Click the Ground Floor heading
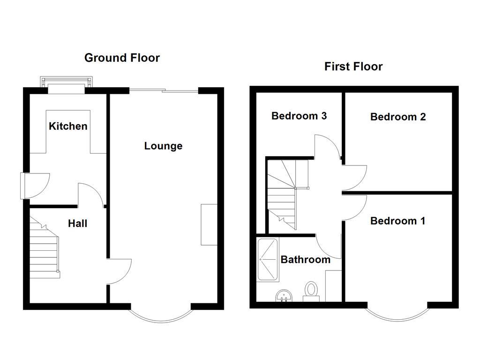122,58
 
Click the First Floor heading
353,67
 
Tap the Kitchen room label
68,126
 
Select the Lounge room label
163,146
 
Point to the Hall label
77,224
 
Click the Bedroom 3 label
299,116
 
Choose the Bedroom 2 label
398,117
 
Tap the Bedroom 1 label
397,221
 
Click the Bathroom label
305,259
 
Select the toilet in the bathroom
311,291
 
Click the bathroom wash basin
284,296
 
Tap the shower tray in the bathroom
268,260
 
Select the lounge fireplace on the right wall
209,225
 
